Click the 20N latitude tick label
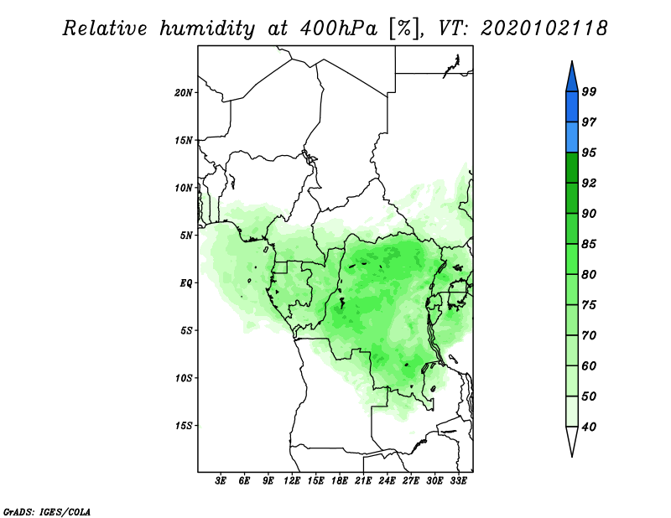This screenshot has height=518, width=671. coord(184,92)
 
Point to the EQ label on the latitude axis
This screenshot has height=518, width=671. coord(185,283)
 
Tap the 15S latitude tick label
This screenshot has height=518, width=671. coord(184,426)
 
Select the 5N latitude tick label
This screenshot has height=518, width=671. coord(186,236)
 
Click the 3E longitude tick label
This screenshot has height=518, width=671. coord(221,480)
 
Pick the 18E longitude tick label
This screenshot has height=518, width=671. coord(340,480)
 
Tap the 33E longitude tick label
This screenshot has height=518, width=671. coord(458,480)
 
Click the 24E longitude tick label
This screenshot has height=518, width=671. coord(387,480)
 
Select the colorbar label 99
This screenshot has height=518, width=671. coord(589,91)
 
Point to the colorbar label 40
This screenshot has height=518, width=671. coord(589,427)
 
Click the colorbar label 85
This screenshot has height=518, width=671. coord(589,244)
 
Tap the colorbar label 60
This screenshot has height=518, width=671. coord(589,365)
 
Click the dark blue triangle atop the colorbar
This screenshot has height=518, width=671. coord(572,79)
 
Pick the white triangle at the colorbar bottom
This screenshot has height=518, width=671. coord(572,439)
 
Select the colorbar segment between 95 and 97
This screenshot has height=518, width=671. coord(572,137)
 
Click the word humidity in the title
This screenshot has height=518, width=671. coord(207,28)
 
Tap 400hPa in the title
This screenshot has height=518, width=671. coord(339,28)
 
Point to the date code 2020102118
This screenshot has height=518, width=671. coord(544,28)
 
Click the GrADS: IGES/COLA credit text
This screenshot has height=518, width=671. coord(47,511)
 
